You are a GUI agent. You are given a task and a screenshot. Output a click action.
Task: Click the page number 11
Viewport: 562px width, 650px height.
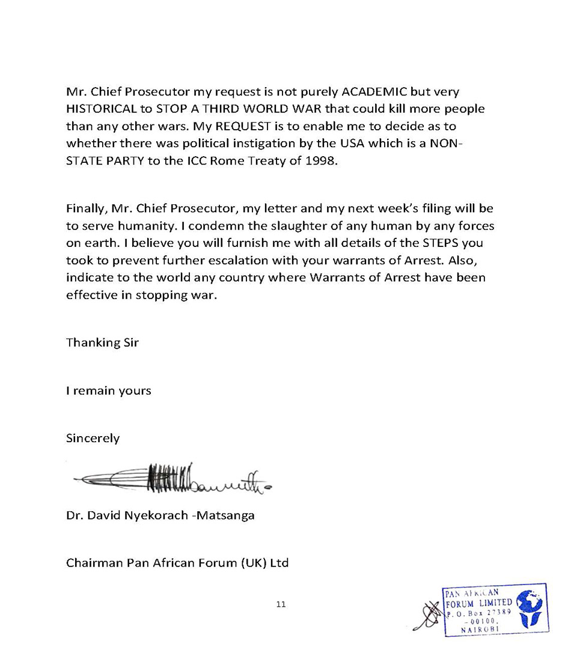(281, 604)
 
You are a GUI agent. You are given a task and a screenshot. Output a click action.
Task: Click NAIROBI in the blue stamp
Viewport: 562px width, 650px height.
(478, 630)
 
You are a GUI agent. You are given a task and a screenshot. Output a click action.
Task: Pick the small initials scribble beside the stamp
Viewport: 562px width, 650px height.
(429, 615)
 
